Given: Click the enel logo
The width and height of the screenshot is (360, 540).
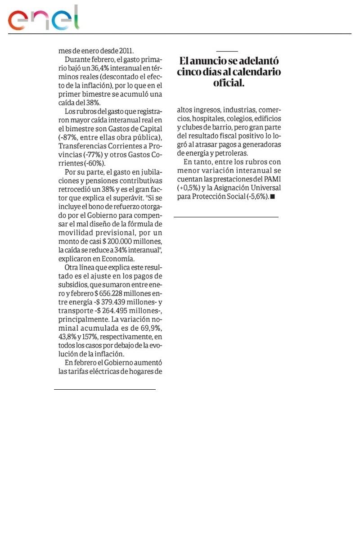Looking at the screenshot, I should click(43, 19).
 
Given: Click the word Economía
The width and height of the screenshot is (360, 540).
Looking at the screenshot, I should click(119, 259).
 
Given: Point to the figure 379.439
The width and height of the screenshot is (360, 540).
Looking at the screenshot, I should click(112, 302).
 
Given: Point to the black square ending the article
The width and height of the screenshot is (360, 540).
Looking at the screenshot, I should click(272, 197).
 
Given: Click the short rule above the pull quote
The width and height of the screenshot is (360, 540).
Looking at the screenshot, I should click(227, 52).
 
